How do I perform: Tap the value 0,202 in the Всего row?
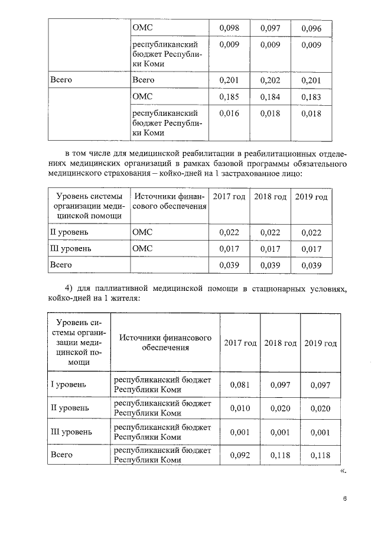(x=269, y=80)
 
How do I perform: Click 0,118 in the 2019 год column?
(x=320, y=455)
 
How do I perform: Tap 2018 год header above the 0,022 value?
(x=270, y=196)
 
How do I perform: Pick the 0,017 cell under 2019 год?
(x=311, y=249)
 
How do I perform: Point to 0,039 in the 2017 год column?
(x=229, y=266)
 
